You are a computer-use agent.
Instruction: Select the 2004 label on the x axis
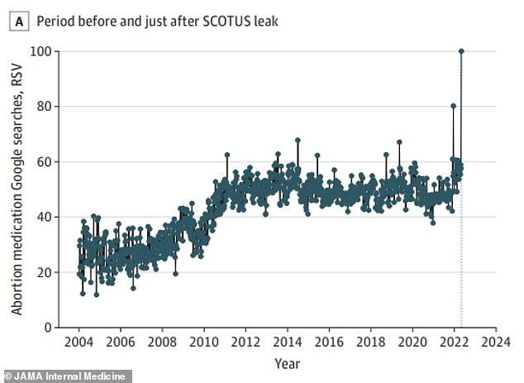tap(79, 342)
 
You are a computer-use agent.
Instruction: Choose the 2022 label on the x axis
tap(454, 342)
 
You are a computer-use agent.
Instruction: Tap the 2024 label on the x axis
tap(495, 342)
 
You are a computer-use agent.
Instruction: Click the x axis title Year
tap(287, 362)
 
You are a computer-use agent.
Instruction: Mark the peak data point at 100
tap(461, 51)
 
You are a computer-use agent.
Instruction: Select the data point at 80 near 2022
tap(453, 106)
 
